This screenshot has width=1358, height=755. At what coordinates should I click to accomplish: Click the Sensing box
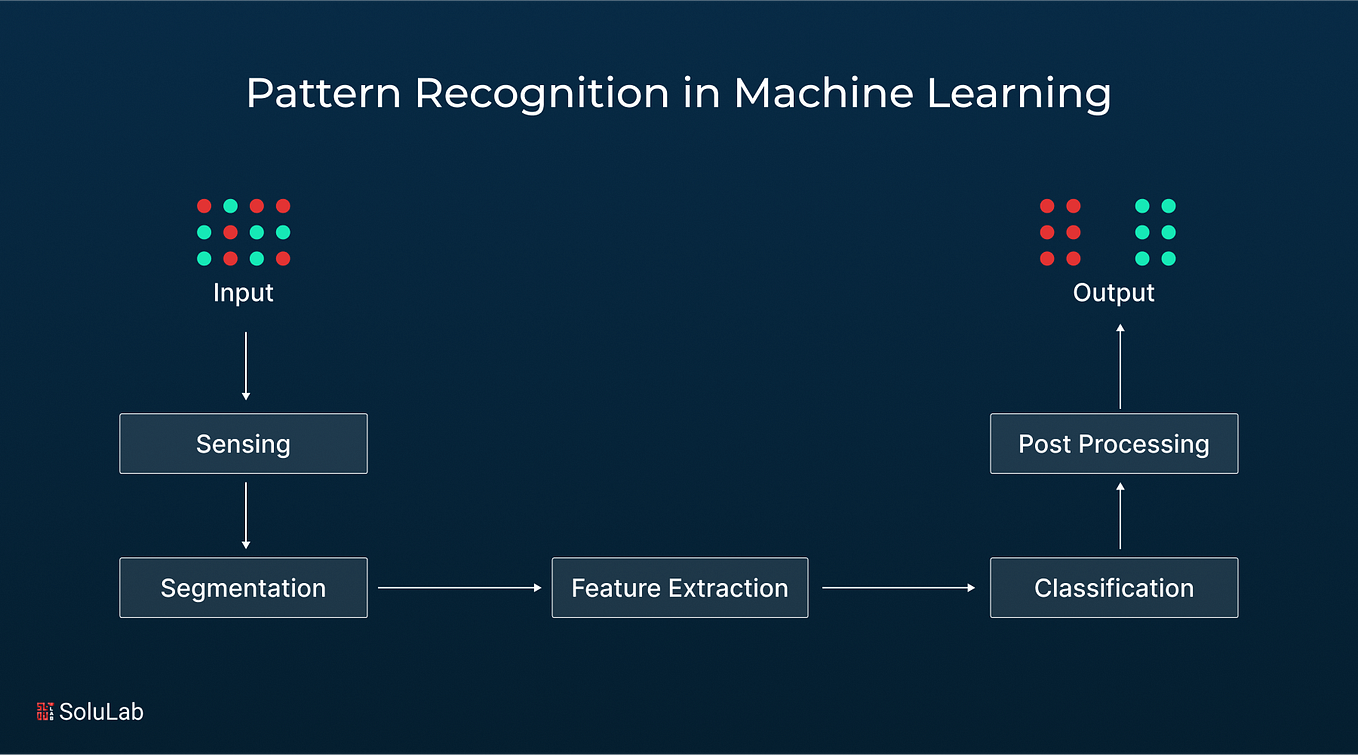point(243,443)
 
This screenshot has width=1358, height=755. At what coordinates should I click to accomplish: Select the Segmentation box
point(243,587)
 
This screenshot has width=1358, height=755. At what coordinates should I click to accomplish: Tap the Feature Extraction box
point(679,587)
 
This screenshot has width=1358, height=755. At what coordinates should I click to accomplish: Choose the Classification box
point(1113,587)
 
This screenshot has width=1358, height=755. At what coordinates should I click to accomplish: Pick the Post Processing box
point(1113,443)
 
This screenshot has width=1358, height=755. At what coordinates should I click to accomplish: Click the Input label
point(243,293)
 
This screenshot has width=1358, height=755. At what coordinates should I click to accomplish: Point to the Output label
point(1113,293)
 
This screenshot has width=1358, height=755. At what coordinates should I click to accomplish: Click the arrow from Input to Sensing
point(246,366)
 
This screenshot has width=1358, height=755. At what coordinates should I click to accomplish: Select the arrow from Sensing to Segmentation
point(246,515)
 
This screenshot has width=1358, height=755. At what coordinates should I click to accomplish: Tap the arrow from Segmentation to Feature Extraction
point(459,588)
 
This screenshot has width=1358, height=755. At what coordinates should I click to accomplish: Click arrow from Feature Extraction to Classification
point(898,588)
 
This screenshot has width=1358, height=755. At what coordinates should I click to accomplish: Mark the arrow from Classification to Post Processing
point(1120,515)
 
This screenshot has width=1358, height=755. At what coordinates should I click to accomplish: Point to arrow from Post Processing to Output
point(1120,366)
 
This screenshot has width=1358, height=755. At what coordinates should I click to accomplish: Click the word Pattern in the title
point(322,94)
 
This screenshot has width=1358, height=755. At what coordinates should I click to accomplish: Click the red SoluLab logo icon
point(45,711)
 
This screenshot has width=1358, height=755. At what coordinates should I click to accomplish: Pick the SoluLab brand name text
point(101,712)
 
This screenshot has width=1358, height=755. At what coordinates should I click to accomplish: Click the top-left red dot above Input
point(204,206)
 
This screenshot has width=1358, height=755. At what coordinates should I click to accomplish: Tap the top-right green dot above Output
point(1168,206)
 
